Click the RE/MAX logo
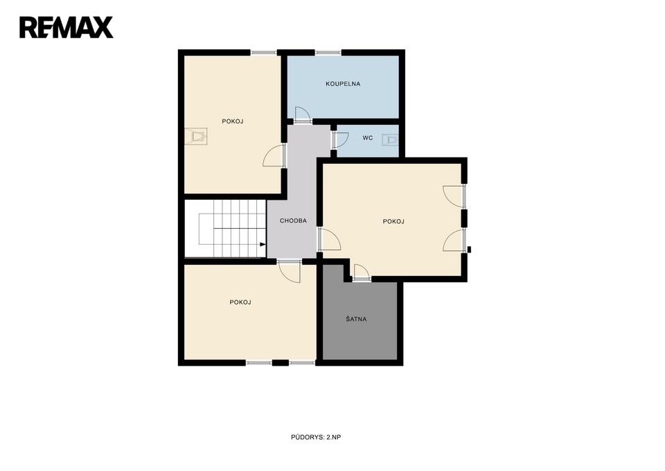(66, 28)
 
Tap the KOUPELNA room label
(343, 84)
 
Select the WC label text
(368, 138)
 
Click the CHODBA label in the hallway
(293, 221)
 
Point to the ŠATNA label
(356, 319)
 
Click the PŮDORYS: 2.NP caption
(316, 437)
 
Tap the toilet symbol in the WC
(390, 139)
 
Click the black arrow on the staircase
(263, 244)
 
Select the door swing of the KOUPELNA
(303, 113)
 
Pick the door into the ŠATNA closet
(361, 272)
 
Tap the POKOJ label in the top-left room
(233, 121)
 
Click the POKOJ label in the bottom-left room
(240, 302)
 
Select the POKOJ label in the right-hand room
(393, 221)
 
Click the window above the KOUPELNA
(328, 53)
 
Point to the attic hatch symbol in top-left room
(196, 137)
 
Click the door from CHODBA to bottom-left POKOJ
(290, 271)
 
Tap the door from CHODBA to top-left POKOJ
(274, 155)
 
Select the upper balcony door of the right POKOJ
(454, 196)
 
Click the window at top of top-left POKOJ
(263, 53)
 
